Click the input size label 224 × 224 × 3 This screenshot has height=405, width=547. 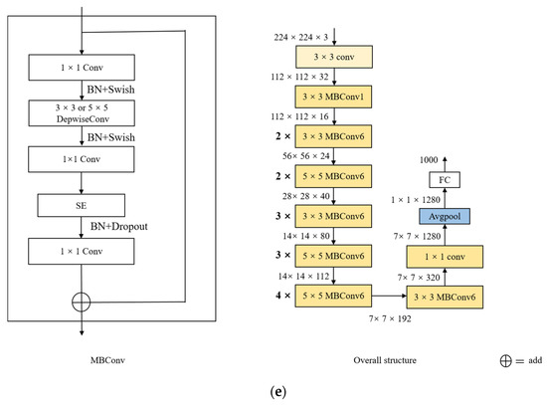point(301,37)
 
